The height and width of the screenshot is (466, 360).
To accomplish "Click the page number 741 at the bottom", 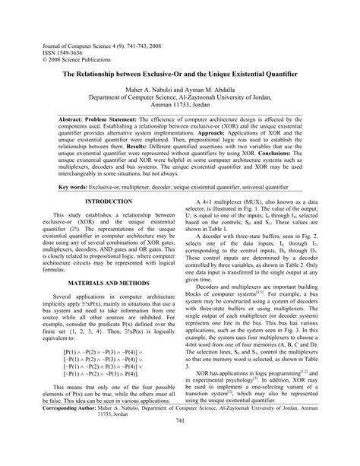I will click(x=180, y=442).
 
